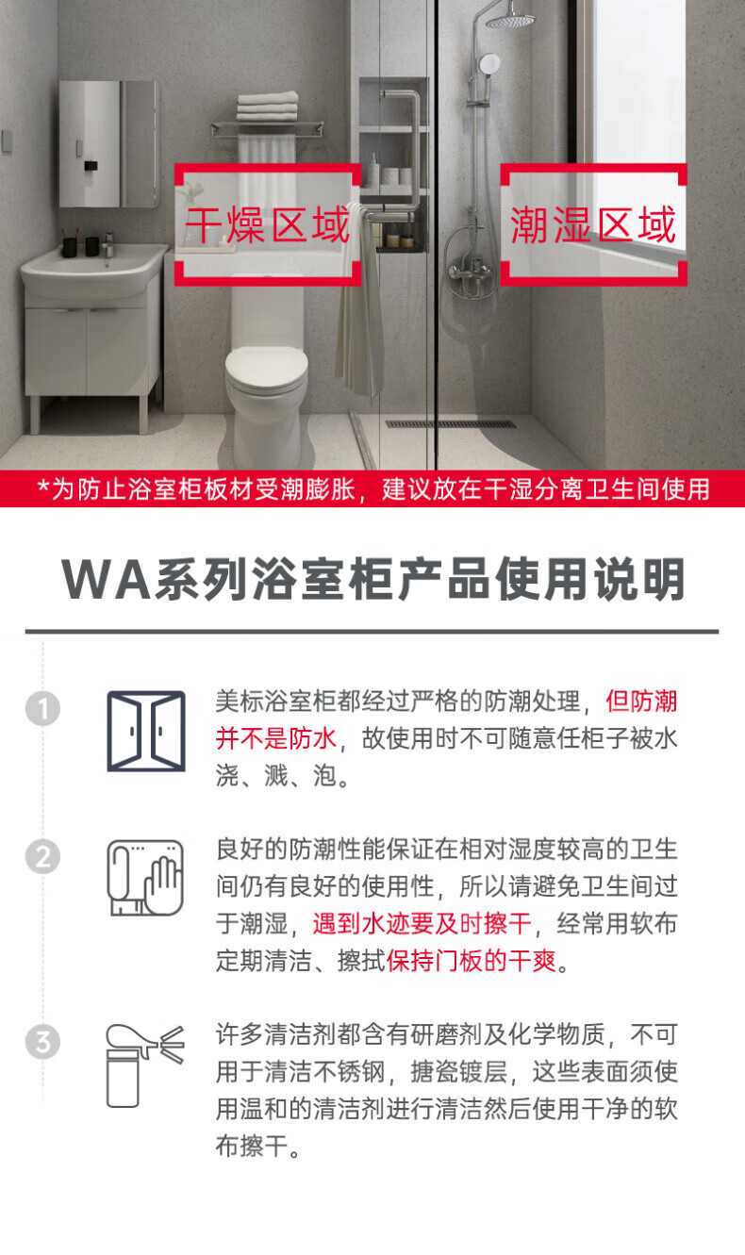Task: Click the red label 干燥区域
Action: (267, 224)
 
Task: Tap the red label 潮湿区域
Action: (593, 224)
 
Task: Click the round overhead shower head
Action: (510, 22)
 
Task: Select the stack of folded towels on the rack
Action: (267, 107)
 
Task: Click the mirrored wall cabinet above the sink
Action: (108, 144)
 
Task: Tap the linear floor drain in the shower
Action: (451, 424)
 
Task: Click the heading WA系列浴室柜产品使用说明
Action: (373, 579)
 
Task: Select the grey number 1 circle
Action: (43, 709)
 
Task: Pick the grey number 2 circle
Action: (43, 857)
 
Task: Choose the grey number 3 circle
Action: (43, 1042)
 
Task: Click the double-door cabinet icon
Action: (146, 731)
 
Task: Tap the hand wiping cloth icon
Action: (145, 878)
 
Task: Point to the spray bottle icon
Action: (145, 1065)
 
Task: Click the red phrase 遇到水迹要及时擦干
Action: (422, 924)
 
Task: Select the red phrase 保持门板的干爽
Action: (472, 962)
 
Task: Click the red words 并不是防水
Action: (275, 738)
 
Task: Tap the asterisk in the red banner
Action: (43, 486)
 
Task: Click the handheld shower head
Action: (489, 62)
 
